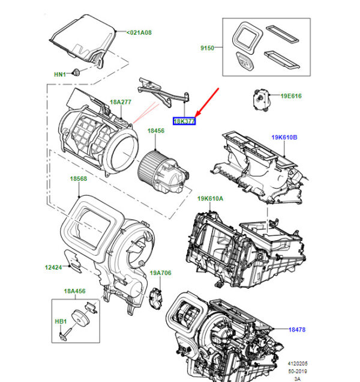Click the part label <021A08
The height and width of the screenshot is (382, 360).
[x=140, y=32]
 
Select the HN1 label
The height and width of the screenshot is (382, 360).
[x=60, y=74]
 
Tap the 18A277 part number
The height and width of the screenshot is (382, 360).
[x=120, y=102]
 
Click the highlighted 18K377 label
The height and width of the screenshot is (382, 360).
[x=184, y=121]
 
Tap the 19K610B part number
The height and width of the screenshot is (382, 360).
[x=284, y=138]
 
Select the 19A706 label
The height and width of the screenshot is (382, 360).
[x=160, y=273]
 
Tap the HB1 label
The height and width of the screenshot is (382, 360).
[x=61, y=321]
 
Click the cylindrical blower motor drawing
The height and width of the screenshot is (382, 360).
[x=162, y=166]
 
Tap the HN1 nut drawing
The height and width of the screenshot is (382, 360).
[x=77, y=73]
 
